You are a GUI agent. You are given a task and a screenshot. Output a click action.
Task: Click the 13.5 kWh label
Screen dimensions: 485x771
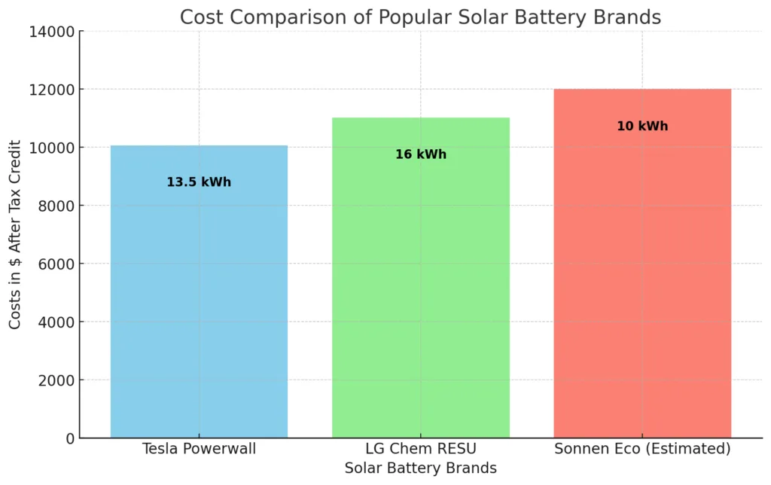199,182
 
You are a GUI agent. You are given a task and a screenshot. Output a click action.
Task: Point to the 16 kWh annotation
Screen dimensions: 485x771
421,154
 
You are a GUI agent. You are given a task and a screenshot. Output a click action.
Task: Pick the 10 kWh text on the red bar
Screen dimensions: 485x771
642,127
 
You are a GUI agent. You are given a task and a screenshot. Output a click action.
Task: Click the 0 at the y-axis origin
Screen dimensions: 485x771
70,438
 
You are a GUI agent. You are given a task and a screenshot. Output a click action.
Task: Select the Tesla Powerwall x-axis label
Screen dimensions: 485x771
199,450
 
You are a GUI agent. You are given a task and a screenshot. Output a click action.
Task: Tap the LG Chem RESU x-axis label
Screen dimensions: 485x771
420,450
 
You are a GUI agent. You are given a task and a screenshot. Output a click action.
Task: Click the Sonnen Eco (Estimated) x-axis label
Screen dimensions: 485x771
642,450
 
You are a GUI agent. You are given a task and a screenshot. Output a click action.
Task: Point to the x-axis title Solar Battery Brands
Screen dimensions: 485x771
420,468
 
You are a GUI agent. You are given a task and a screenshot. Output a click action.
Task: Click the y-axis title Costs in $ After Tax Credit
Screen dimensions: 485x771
16,234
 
